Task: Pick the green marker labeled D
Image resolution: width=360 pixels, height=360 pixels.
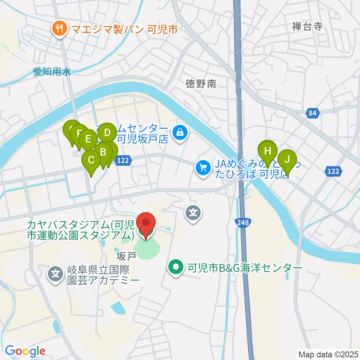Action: (107, 133)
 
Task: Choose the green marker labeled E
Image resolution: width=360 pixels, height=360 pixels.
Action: (88, 139)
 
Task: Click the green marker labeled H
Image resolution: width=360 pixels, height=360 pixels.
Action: (267, 151)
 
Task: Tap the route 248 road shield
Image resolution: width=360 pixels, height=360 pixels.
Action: (241, 223)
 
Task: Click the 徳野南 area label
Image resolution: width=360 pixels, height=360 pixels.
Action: (201, 84)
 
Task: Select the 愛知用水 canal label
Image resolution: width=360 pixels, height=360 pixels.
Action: (52, 72)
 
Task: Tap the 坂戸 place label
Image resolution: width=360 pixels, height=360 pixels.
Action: (126, 255)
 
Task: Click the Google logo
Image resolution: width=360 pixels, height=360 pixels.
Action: (25, 351)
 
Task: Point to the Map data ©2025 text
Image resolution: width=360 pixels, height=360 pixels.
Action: (327, 354)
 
